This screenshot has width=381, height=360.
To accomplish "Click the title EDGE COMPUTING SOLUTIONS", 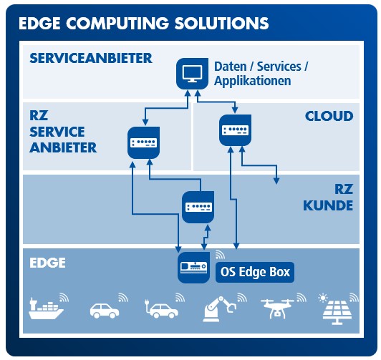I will tap(143, 23).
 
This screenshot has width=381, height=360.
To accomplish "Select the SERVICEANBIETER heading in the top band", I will tap(90, 57).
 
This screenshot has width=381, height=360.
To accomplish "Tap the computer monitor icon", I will tap(191, 72).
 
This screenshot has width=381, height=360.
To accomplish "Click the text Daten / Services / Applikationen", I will tap(261, 74).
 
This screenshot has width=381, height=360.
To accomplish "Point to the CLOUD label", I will tap(329, 115).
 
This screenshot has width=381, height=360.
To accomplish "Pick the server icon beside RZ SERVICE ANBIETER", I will tap(143, 142).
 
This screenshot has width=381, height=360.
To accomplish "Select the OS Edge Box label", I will tap(255, 272).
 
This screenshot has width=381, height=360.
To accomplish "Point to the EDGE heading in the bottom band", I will tap(47, 263).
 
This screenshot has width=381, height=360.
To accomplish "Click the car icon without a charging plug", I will tap(104, 311).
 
